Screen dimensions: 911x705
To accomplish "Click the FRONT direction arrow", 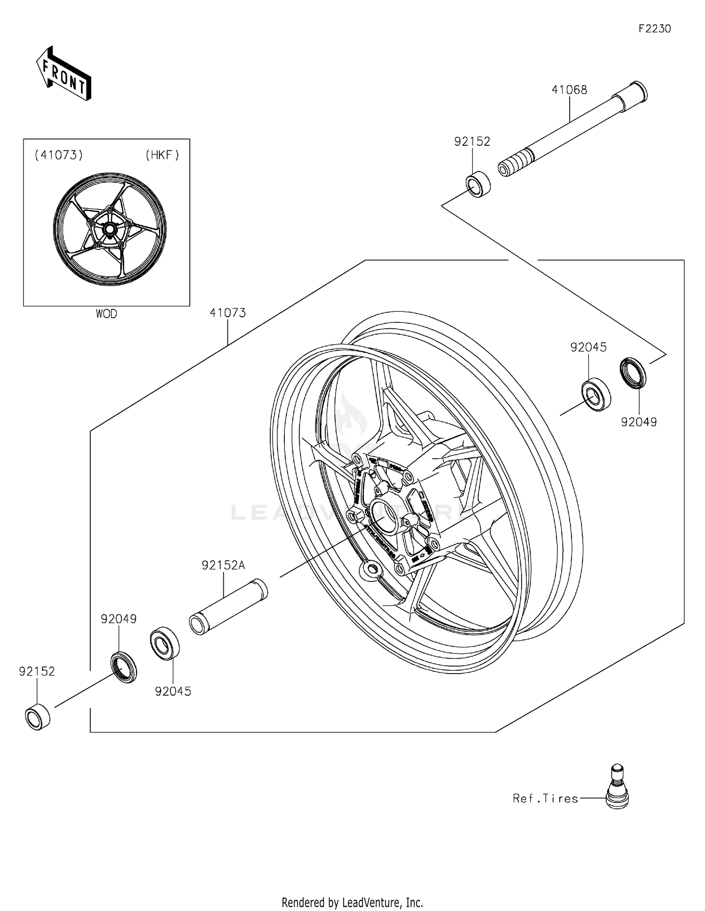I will (x=64, y=74).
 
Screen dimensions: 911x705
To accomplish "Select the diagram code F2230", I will (x=655, y=29).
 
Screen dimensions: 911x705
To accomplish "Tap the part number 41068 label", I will (x=569, y=90).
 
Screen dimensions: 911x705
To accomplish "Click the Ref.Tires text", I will (x=545, y=798).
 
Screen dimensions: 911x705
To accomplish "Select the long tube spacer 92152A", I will (x=228, y=606).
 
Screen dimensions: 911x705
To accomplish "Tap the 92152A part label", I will (x=223, y=565).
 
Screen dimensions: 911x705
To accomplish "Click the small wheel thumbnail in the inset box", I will (x=110, y=229).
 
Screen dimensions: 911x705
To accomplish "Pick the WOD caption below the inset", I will (x=106, y=314).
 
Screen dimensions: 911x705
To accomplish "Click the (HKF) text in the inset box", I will (x=162, y=155).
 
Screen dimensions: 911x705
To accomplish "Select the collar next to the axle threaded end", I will (x=478, y=184).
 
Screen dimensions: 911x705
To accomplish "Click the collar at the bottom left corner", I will (x=38, y=717).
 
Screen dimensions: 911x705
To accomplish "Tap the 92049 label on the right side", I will (x=639, y=422).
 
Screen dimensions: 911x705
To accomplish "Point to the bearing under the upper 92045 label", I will (x=595, y=394).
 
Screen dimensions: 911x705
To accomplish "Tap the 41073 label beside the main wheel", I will (x=227, y=313).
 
